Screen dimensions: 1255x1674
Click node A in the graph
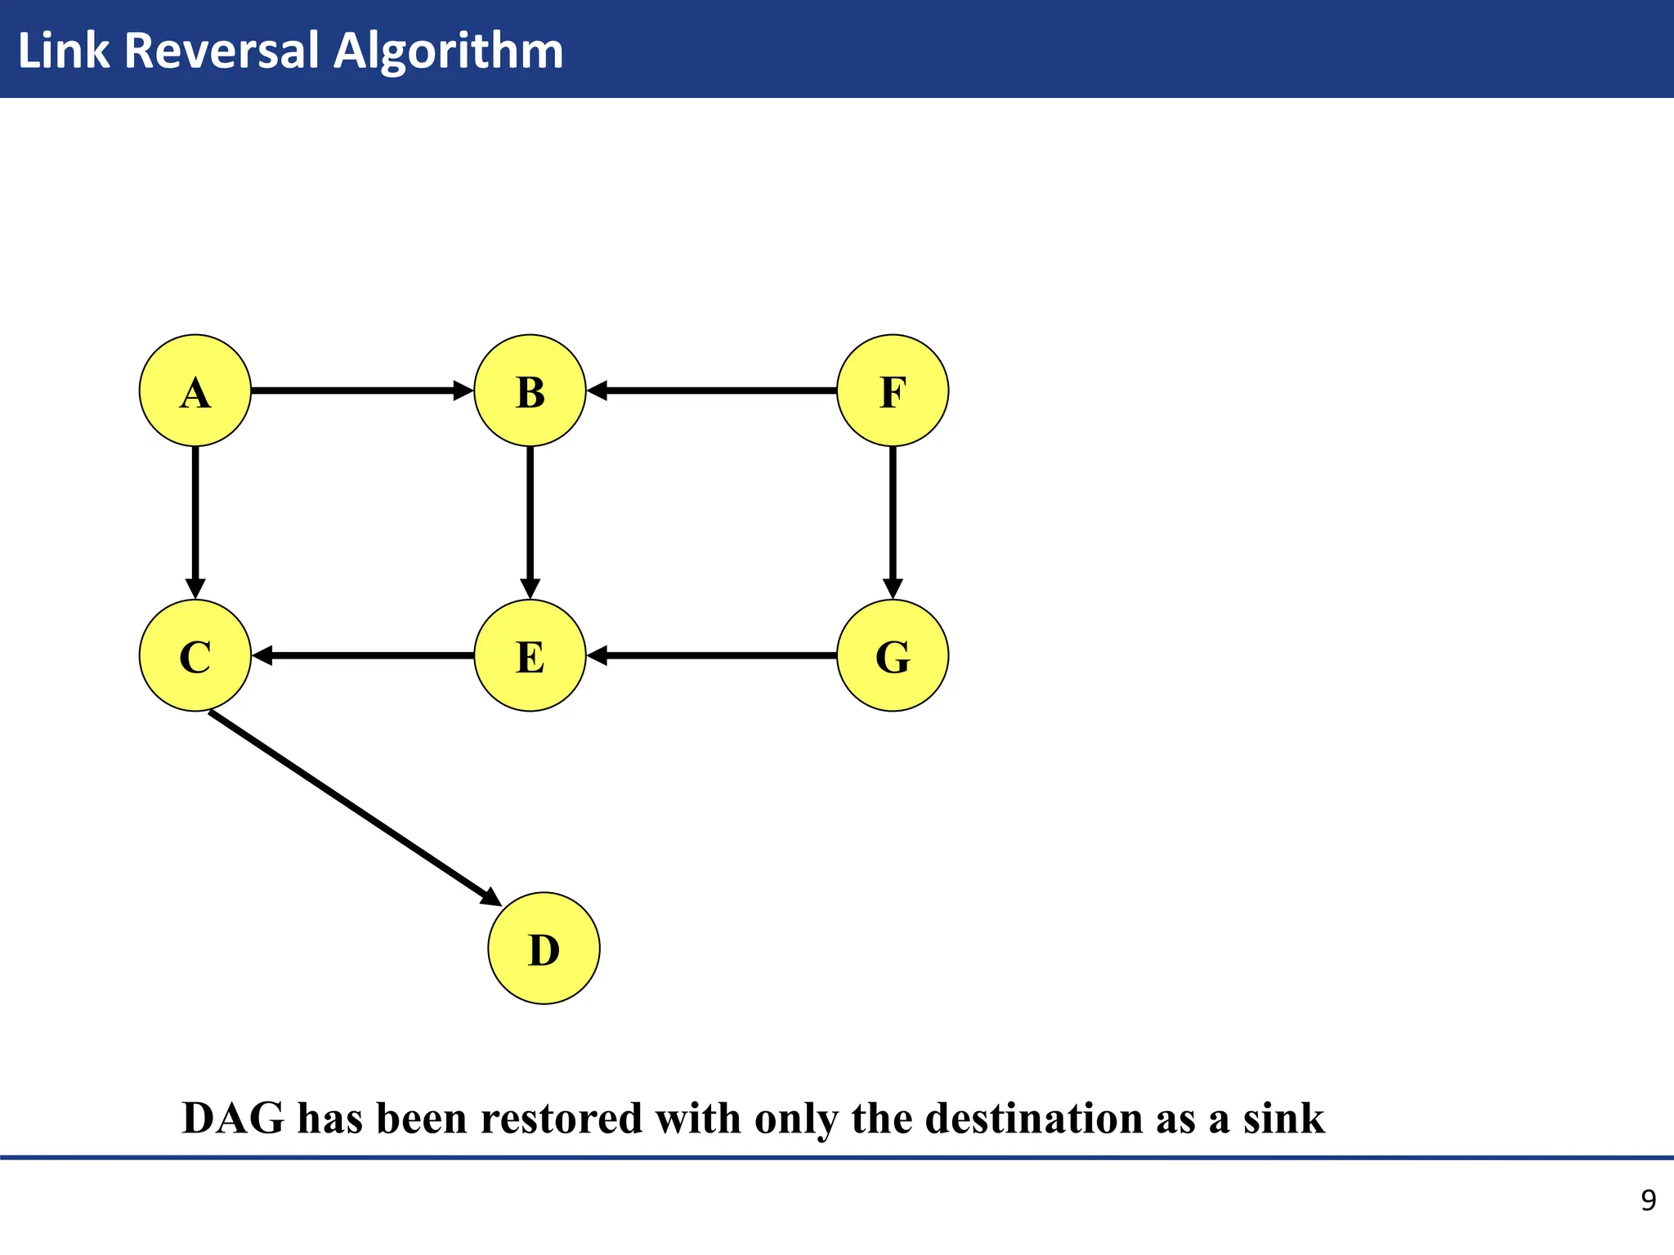[x=195, y=391]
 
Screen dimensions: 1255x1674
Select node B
[x=530, y=391]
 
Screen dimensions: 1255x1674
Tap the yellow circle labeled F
[x=893, y=391]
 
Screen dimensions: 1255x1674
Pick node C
[x=195, y=655]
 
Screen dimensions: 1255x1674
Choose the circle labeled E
[x=530, y=655]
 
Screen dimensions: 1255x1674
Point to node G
[x=893, y=655]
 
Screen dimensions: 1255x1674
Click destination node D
[x=544, y=948]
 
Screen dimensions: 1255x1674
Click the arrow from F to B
[x=711, y=391]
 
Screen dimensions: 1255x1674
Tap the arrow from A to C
[x=195, y=523]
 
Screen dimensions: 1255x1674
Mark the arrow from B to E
[x=530, y=523]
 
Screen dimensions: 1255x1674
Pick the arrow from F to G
[x=893, y=523]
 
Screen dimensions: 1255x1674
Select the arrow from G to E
[x=711, y=655]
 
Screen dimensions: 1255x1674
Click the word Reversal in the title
[x=221, y=51]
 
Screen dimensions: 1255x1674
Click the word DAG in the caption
[x=233, y=1118]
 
